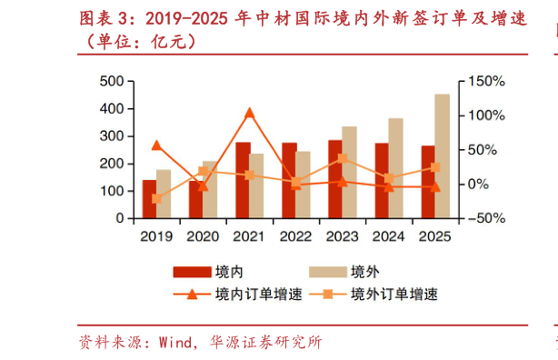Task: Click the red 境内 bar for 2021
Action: (243, 180)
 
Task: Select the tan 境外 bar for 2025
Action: (442, 156)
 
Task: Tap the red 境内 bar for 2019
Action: (149, 199)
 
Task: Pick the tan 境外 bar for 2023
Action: (349, 173)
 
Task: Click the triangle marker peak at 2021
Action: (250, 114)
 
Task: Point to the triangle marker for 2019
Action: (156, 145)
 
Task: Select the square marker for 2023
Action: (342, 159)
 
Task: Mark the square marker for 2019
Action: (156, 198)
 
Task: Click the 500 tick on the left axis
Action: (112, 82)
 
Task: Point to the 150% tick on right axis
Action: (485, 82)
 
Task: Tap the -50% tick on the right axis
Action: (483, 218)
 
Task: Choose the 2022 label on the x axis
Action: (295, 236)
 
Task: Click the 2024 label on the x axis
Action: (388, 236)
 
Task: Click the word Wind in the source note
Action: (176, 343)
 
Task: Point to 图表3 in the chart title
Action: (104, 19)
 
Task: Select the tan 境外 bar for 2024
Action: (395, 168)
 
